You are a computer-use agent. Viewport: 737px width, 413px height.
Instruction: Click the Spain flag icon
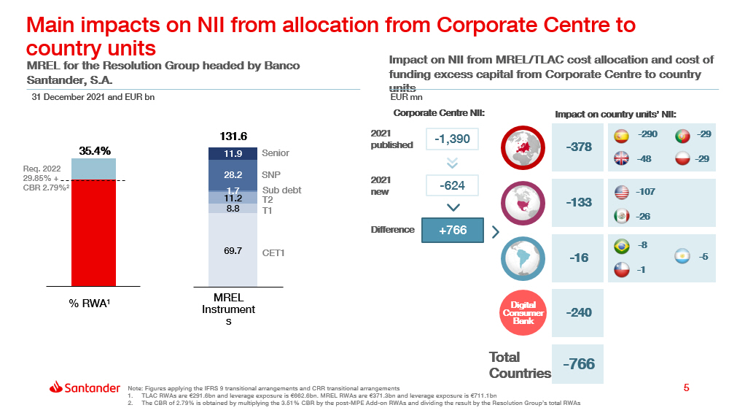622,136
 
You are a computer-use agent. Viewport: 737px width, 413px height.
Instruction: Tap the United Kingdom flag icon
622,158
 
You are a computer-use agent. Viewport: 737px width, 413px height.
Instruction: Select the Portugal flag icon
683,136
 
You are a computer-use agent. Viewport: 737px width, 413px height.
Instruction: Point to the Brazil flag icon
622,246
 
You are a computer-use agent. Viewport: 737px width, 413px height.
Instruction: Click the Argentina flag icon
683,257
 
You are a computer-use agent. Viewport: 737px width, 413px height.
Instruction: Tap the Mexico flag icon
622,217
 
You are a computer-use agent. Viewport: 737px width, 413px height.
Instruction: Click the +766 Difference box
452,230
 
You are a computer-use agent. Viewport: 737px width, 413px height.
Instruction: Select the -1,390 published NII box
452,139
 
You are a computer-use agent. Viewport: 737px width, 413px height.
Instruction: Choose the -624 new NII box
452,186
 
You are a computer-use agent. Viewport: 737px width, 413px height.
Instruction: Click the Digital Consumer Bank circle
523,312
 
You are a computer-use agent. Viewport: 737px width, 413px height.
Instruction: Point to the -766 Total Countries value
579,363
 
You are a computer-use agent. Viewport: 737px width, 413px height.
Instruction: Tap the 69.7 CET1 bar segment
233,250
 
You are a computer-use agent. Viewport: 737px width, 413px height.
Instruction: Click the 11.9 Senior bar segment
233,153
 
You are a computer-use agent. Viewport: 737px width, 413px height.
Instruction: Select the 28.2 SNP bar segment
233,175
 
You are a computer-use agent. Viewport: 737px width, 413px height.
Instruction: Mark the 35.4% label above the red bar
95,151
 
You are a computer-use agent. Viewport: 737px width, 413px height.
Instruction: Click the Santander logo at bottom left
85,387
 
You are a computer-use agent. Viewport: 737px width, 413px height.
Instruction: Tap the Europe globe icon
523,147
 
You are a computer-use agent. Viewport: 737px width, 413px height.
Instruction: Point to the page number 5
686,387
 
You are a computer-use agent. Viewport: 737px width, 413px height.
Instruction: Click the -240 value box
579,312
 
